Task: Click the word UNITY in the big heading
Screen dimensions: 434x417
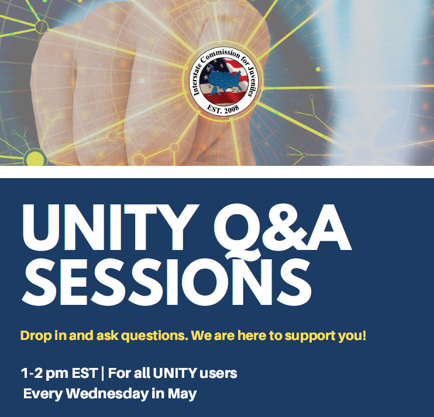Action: click(x=110, y=227)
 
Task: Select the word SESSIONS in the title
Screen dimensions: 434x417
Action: click(x=167, y=282)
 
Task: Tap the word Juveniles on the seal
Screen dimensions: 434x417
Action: click(x=250, y=81)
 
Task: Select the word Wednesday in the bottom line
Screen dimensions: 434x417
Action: click(x=108, y=394)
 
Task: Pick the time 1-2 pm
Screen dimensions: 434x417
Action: click(x=44, y=374)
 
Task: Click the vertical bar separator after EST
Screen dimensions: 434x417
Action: click(x=103, y=374)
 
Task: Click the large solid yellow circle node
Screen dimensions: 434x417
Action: click(x=35, y=158)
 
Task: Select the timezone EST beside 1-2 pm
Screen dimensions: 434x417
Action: click(x=84, y=373)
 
